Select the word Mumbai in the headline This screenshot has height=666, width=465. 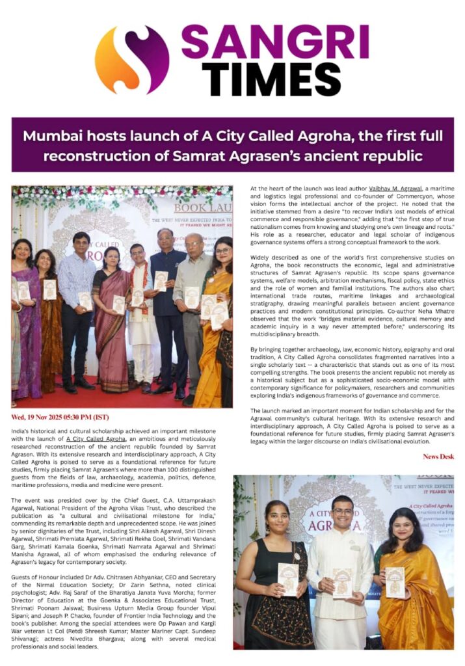coord(52,137)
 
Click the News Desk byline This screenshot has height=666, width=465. coord(438,457)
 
